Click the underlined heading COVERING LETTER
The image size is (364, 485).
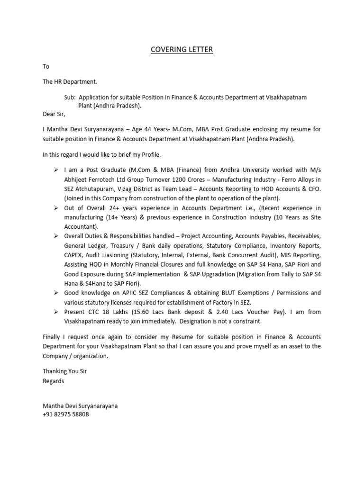(182, 49)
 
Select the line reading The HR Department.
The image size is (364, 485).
(70, 81)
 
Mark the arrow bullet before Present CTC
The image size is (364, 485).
(55, 312)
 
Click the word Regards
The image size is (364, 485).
(53, 380)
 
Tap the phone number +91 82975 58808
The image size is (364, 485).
(65, 414)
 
